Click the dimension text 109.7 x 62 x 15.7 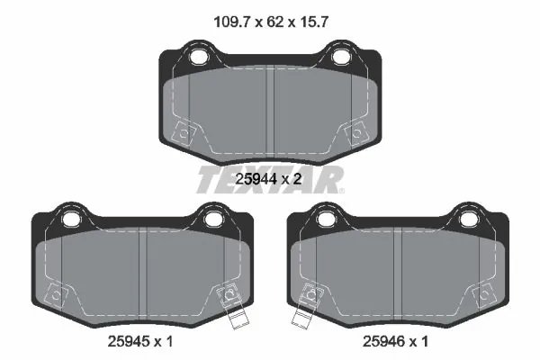(x=271, y=22)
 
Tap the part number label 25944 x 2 (x=268, y=179)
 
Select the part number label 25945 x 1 (x=140, y=341)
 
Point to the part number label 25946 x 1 (x=395, y=341)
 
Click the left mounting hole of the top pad (x=198, y=57)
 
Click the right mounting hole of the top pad (x=339, y=57)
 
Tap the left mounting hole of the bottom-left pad (x=70, y=219)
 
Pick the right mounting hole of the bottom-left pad (x=212, y=219)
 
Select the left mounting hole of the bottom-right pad (x=326, y=219)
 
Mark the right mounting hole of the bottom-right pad (x=468, y=219)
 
